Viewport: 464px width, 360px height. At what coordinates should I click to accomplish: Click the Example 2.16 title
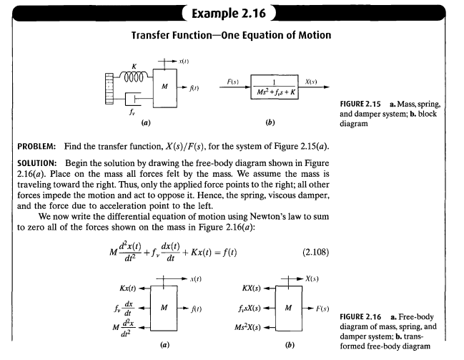point(229,14)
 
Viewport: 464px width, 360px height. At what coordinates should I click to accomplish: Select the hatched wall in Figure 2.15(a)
point(109,89)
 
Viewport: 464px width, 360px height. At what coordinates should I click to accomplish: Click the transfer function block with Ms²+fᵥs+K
point(275,87)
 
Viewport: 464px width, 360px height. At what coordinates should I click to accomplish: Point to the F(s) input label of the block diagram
point(233,82)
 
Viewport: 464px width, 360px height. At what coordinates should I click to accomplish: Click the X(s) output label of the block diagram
point(311,82)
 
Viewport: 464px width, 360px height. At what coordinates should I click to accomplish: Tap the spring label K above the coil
point(134,67)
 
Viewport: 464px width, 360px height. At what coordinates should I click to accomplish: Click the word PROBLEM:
point(36,147)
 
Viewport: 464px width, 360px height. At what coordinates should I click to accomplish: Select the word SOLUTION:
point(37,163)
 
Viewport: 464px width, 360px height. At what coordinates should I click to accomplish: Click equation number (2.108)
point(315,253)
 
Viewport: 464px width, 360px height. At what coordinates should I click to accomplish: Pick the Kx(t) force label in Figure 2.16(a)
point(127,288)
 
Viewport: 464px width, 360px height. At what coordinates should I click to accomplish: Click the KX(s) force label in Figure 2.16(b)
point(251,288)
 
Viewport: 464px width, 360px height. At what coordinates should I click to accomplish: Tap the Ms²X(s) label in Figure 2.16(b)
point(247,327)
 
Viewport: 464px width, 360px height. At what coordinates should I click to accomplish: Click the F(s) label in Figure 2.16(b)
point(322,308)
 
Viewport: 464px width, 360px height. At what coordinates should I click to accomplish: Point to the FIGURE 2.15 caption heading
point(360,104)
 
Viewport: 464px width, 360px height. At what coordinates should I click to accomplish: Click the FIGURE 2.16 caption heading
point(360,317)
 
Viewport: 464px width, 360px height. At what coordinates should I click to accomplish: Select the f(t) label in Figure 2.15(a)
point(194,88)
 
